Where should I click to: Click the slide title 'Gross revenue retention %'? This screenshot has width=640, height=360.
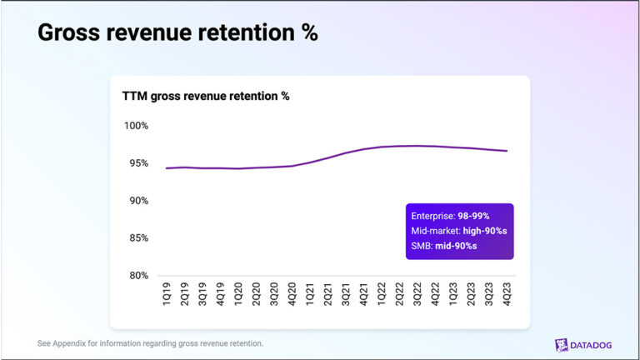tap(177, 33)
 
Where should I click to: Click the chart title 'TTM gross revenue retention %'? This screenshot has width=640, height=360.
tap(206, 96)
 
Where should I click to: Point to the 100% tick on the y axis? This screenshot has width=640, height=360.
tap(135, 126)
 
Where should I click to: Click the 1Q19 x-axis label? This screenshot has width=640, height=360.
tap(167, 294)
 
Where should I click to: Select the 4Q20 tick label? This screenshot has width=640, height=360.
tap(292, 294)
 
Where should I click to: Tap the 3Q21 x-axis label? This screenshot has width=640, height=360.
tap(346, 294)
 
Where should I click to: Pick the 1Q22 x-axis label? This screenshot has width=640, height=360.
tap(382, 294)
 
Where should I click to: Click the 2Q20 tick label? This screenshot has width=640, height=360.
tap(256, 294)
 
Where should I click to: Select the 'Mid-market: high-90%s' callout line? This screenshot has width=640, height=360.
tap(458, 230)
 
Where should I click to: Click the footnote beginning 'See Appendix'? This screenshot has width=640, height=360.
tap(151, 343)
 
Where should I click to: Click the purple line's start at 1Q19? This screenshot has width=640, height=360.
tap(167, 168)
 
